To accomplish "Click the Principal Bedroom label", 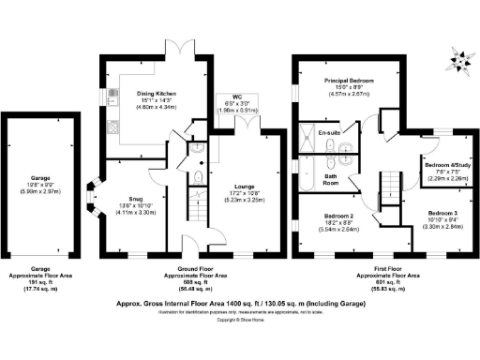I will click(x=349, y=82).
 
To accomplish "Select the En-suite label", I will click(x=327, y=134).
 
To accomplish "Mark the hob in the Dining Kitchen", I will click(x=114, y=95).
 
